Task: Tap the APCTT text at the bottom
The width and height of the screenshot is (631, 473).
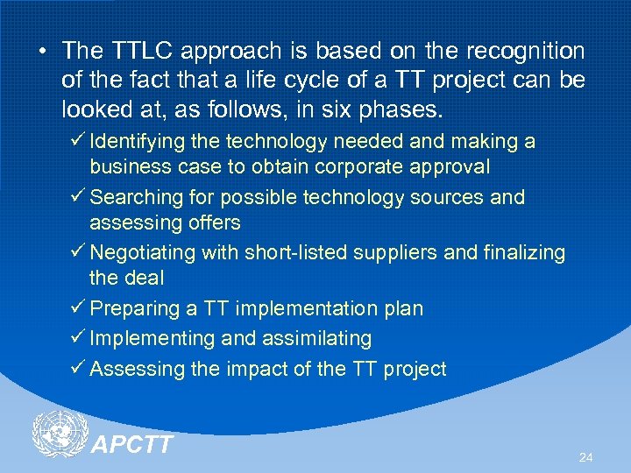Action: coord(131,446)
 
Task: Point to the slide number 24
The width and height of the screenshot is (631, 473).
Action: coord(585,458)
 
